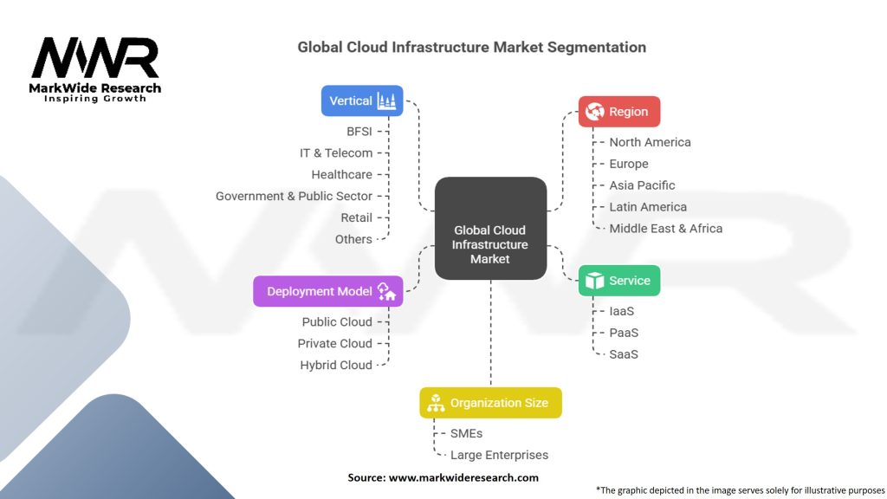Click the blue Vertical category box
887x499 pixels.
pos(362,100)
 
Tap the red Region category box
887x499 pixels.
pos(618,112)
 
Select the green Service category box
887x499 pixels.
pos(618,281)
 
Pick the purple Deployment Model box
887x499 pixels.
pos(327,291)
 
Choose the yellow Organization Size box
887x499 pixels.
pos(490,403)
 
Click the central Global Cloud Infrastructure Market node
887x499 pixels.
pos(490,229)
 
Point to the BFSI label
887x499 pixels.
pos(359,131)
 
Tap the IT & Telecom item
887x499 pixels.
pos(336,152)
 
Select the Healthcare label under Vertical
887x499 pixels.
pos(341,174)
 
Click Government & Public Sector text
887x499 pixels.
pos(294,196)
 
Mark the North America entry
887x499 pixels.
pos(650,142)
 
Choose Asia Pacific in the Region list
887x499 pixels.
pos(642,185)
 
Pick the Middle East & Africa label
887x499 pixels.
pos(665,229)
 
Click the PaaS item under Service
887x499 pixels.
pos(624,333)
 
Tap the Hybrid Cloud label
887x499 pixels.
pos(336,365)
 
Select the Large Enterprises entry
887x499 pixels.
pos(499,455)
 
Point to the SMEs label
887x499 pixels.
pos(466,433)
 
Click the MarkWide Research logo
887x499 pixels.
pos(95,69)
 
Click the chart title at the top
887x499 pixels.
pos(471,47)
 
